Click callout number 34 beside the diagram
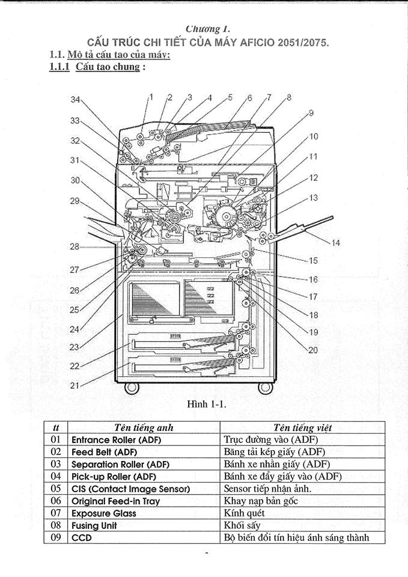[76, 99]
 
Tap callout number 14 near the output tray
[335, 243]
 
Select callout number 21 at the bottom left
[75, 385]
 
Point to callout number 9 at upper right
[311, 113]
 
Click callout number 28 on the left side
[75, 246]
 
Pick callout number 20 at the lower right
[312, 350]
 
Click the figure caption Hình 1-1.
[206, 404]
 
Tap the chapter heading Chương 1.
[209, 29]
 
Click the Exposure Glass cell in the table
[104, 513]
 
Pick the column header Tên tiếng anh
[144, 427]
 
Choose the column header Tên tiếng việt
[302, 427]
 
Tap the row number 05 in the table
[55, 488]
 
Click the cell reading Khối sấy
[242, 525]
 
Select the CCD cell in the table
[82, 537]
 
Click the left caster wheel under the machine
[132, 388]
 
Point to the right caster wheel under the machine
[265, 388]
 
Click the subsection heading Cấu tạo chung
[108, 67]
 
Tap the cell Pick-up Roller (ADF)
[114, 477]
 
